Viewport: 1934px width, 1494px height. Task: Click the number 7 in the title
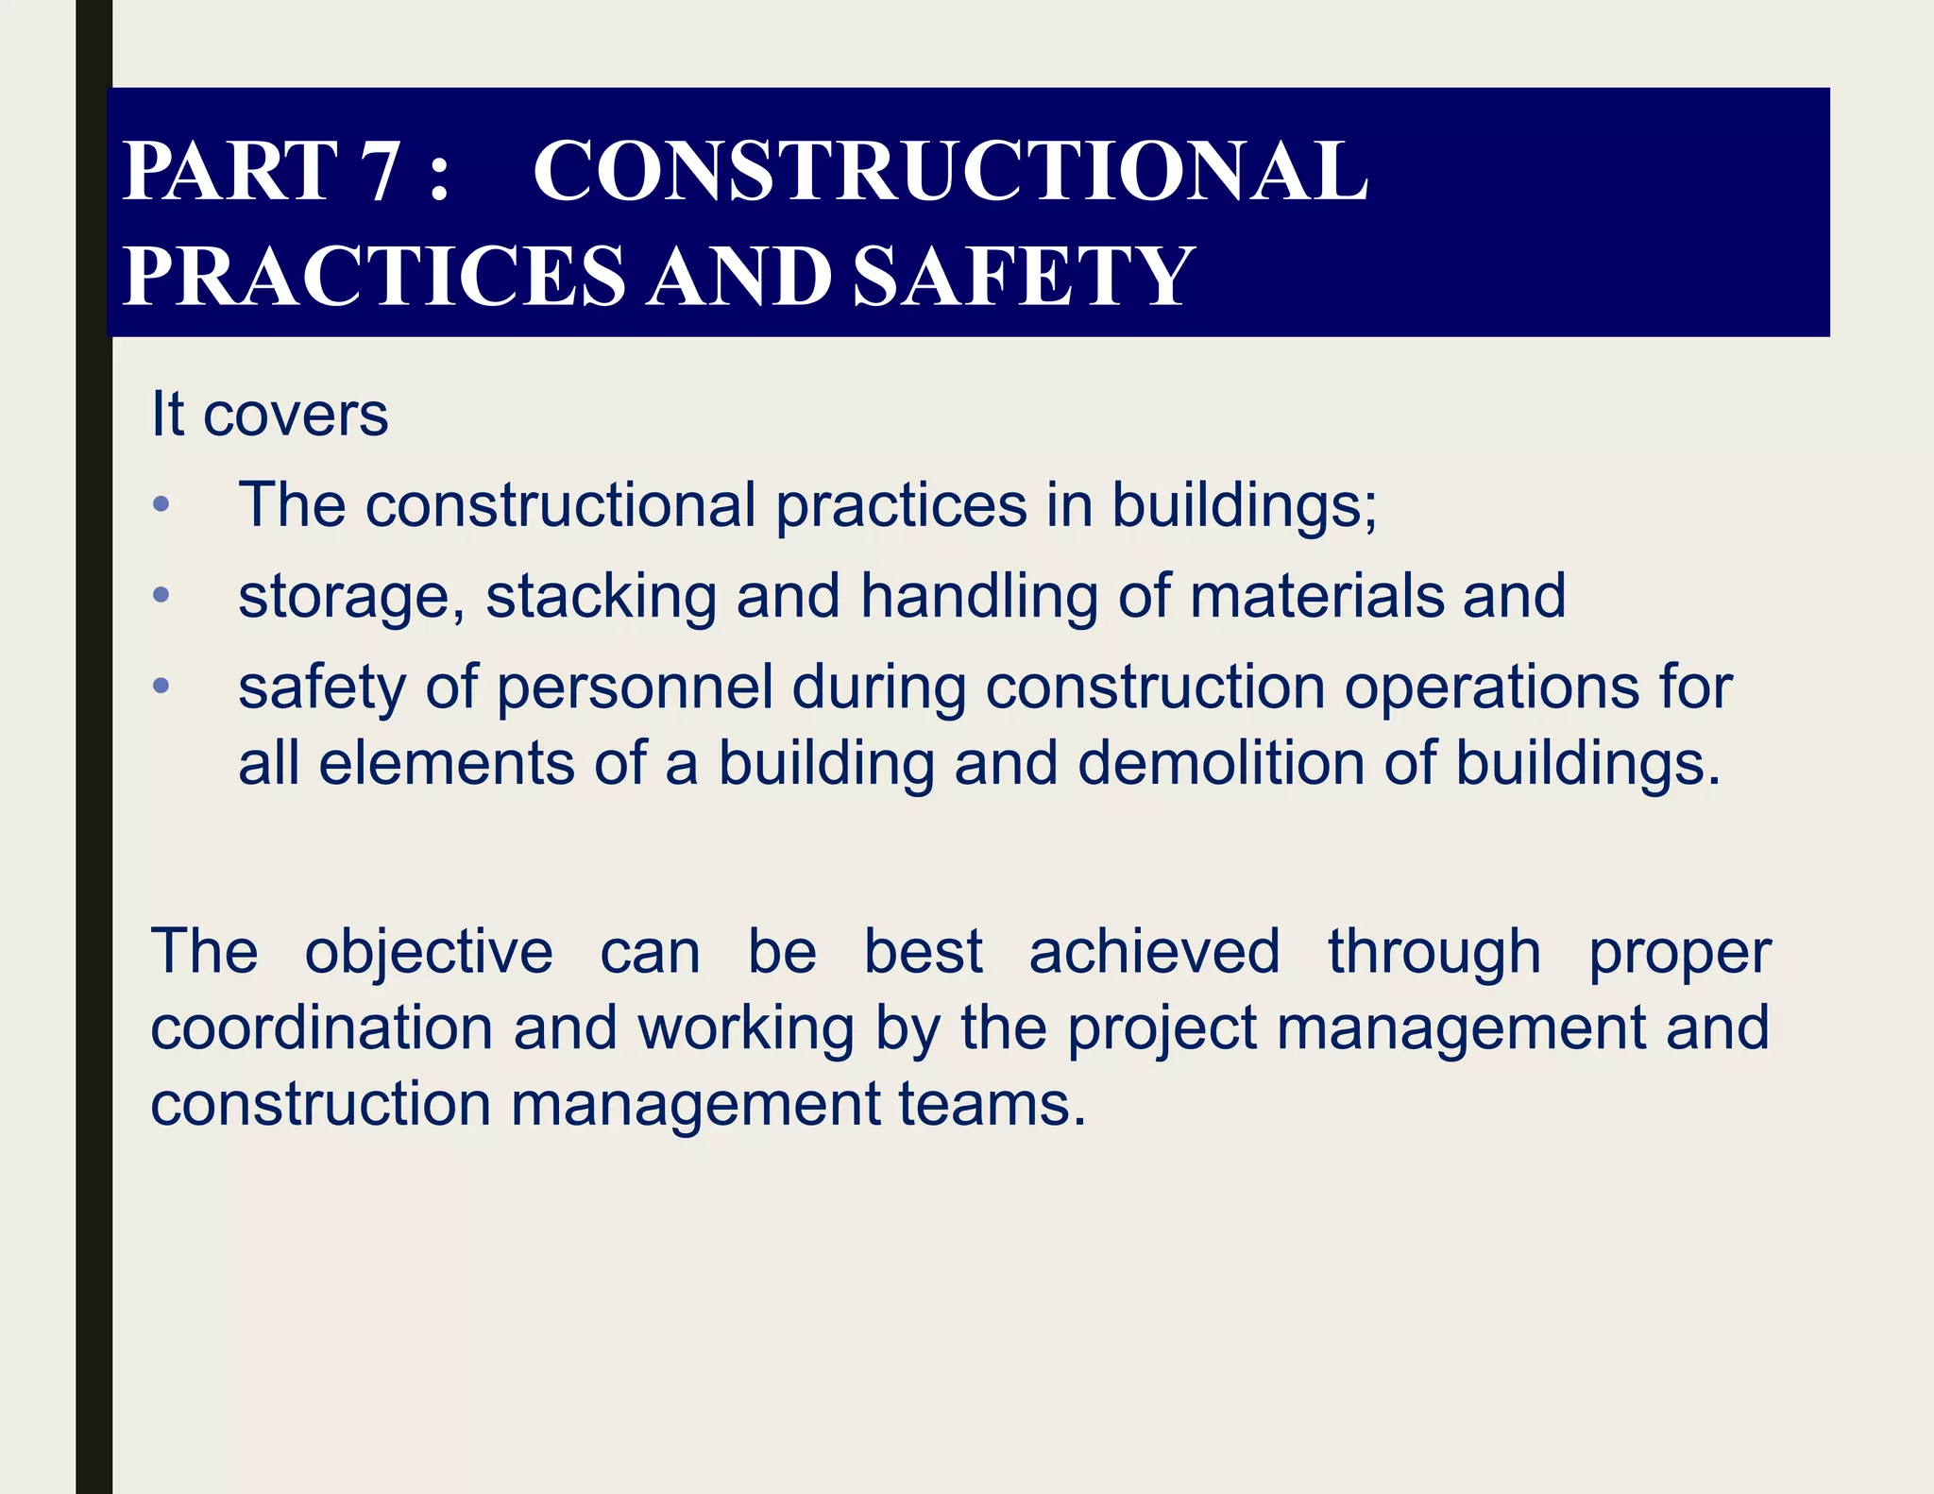[x=381, y=172]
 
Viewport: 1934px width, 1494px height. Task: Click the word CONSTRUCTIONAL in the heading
[x=950, y=172]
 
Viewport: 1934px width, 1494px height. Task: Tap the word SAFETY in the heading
[x=1023, y=276]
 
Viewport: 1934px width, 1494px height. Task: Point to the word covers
[x=296, y=415]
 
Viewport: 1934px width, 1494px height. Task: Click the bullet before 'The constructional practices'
[x=161, y=504]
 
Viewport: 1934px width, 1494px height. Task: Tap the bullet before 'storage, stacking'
[x=161, y=595]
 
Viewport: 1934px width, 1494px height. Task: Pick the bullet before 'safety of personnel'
[x=161, y=686]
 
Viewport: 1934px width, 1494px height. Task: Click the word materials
[x=1317, y=595]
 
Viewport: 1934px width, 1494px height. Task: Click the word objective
[x=429, y=952]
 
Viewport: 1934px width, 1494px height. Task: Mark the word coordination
[x=322, y=1027]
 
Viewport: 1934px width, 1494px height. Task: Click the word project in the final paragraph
[x=1162, y=1029]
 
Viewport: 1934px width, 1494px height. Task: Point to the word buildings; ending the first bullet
[x=1245, y=506]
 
